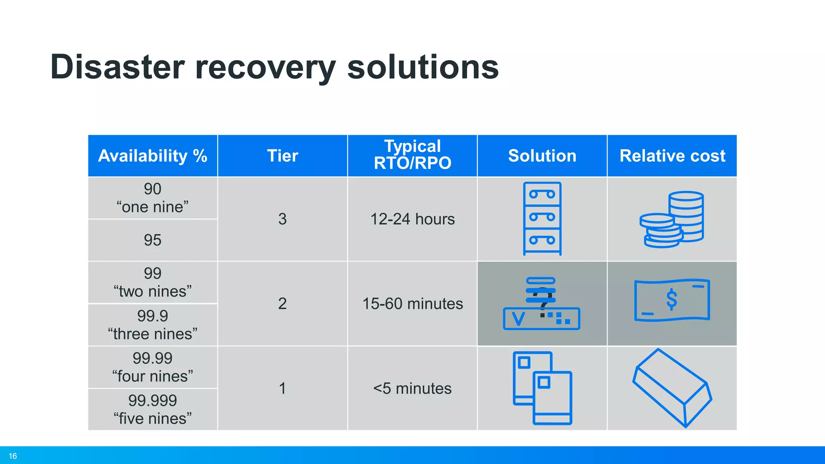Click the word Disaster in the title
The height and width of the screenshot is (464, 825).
pyautogui.click(x=117, y=67)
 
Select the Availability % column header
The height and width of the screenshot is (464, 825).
pyautogui.click(x=153, y=156)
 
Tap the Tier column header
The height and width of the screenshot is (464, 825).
pyautogui.click(x=282, y=156)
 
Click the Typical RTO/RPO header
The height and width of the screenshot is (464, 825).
pyautogui.click(x=412, y=155)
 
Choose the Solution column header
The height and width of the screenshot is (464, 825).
pyautogui.click(x=542, y=156)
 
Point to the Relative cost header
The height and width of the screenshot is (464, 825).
pyautogui.click(x=672, y=156)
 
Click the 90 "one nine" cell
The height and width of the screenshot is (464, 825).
pyautogui.click(x=153, y=198)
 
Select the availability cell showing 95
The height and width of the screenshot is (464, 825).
pyautogui.click(x=153, y=240)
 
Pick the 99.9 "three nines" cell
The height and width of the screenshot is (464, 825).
pyautogui.click(x=153, y=325)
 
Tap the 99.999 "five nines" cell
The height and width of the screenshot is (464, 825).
pyautogui.click(x=153, y=409)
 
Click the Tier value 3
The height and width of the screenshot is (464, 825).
pyautogui.click(x=282, y=219)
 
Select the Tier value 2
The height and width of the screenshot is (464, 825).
pyautogui.click(x=282, y=303)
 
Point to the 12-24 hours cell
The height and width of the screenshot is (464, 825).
pyautogui.click(x=412, y=219)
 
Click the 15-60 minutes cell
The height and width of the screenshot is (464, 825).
pyautogui.click(x=412, y=303)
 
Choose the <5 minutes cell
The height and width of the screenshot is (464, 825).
pyautogui.click(x=412, y=388)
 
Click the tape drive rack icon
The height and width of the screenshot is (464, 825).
pyautogui.click(x=542, y=218)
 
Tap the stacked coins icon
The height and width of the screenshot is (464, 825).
pyautogui.click(x=672, y=220)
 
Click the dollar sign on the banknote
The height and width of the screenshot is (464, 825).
pyautogui.click(x=672, y=300)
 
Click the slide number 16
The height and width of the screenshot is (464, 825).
pyautogui.click(x=13, y=456)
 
